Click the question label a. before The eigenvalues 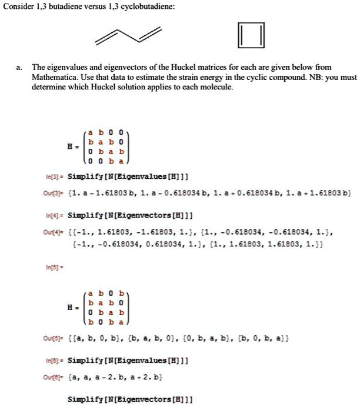(x=19, y=68)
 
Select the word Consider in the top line (x=16, y=6)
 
